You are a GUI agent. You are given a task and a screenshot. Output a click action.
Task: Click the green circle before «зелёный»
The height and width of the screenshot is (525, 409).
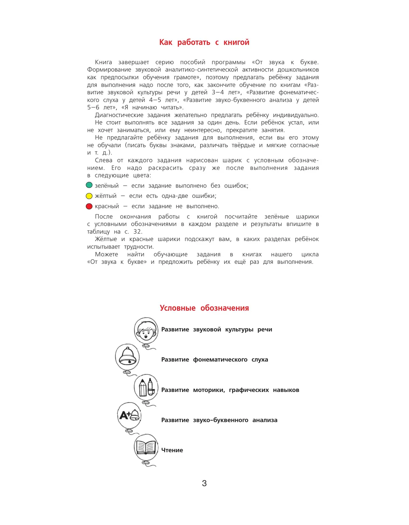pos(89,185)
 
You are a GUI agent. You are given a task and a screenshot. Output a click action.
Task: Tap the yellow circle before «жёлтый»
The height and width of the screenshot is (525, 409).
pos(89,196)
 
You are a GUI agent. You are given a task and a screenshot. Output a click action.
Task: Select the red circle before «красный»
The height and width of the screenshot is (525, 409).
pos(89,206)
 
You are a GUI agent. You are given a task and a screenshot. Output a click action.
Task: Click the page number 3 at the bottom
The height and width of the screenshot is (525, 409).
pos(204,483)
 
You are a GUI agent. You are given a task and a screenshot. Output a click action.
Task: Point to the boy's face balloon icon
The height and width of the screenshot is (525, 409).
pos(146,330)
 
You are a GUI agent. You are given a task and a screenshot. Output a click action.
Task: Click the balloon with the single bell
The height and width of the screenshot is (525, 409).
pos(127,356)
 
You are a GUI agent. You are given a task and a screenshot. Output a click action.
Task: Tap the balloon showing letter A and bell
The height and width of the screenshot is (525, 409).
pos(129,415)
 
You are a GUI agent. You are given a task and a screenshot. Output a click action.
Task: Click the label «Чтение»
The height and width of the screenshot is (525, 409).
pos(172,450)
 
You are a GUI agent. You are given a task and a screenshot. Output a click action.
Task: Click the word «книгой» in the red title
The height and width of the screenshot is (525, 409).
pos(236,42)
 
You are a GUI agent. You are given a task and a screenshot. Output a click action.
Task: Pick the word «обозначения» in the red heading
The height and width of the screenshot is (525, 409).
pos(225,308)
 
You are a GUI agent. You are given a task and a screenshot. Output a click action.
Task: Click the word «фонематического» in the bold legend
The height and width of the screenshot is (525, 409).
pos(220,360)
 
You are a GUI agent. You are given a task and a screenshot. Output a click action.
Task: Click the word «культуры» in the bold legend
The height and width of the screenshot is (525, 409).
pos(239,329)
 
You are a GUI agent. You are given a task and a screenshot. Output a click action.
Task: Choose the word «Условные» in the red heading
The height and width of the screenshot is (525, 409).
pos(178,308)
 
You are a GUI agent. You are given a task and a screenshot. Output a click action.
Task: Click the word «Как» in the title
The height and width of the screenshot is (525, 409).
pos(166,42)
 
